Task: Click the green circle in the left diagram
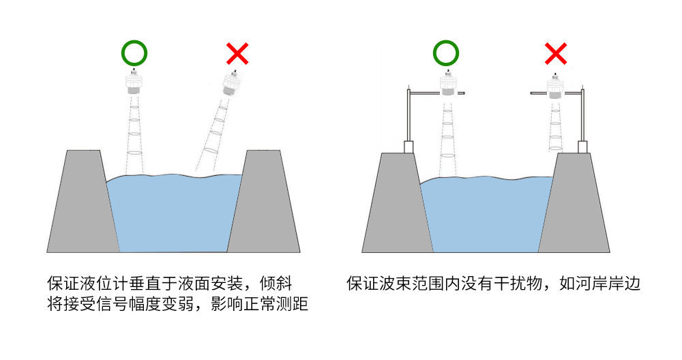pyautogui.click(x=134, y=52)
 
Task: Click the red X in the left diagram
pyautogui.click(x=237, y=53)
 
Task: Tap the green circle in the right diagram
pyautogui.click(x=446, y=52)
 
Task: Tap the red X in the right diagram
pyautogui.click(x=556, y=53)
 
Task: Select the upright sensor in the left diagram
pyautogui.click(x=134, y=83)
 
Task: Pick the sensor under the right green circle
pyautogui.click(x=447, y=85)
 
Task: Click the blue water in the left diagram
pyautogui.click(x=174, y=211)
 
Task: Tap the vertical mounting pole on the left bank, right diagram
pyautogui.click(x=408, y=116)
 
